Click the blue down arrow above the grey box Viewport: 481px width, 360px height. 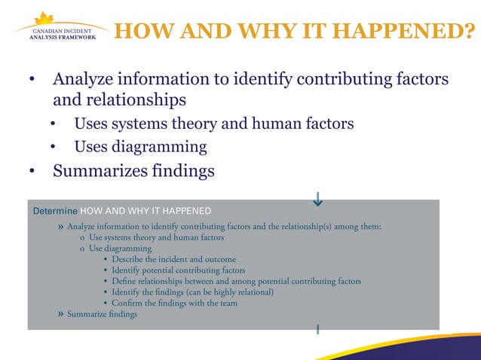[318, 199]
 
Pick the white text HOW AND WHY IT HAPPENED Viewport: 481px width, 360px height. [146, 210]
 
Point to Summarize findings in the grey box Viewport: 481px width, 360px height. [102, 314]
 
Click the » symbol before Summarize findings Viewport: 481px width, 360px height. [60, 314]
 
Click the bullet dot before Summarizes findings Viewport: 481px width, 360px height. [32, 172]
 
